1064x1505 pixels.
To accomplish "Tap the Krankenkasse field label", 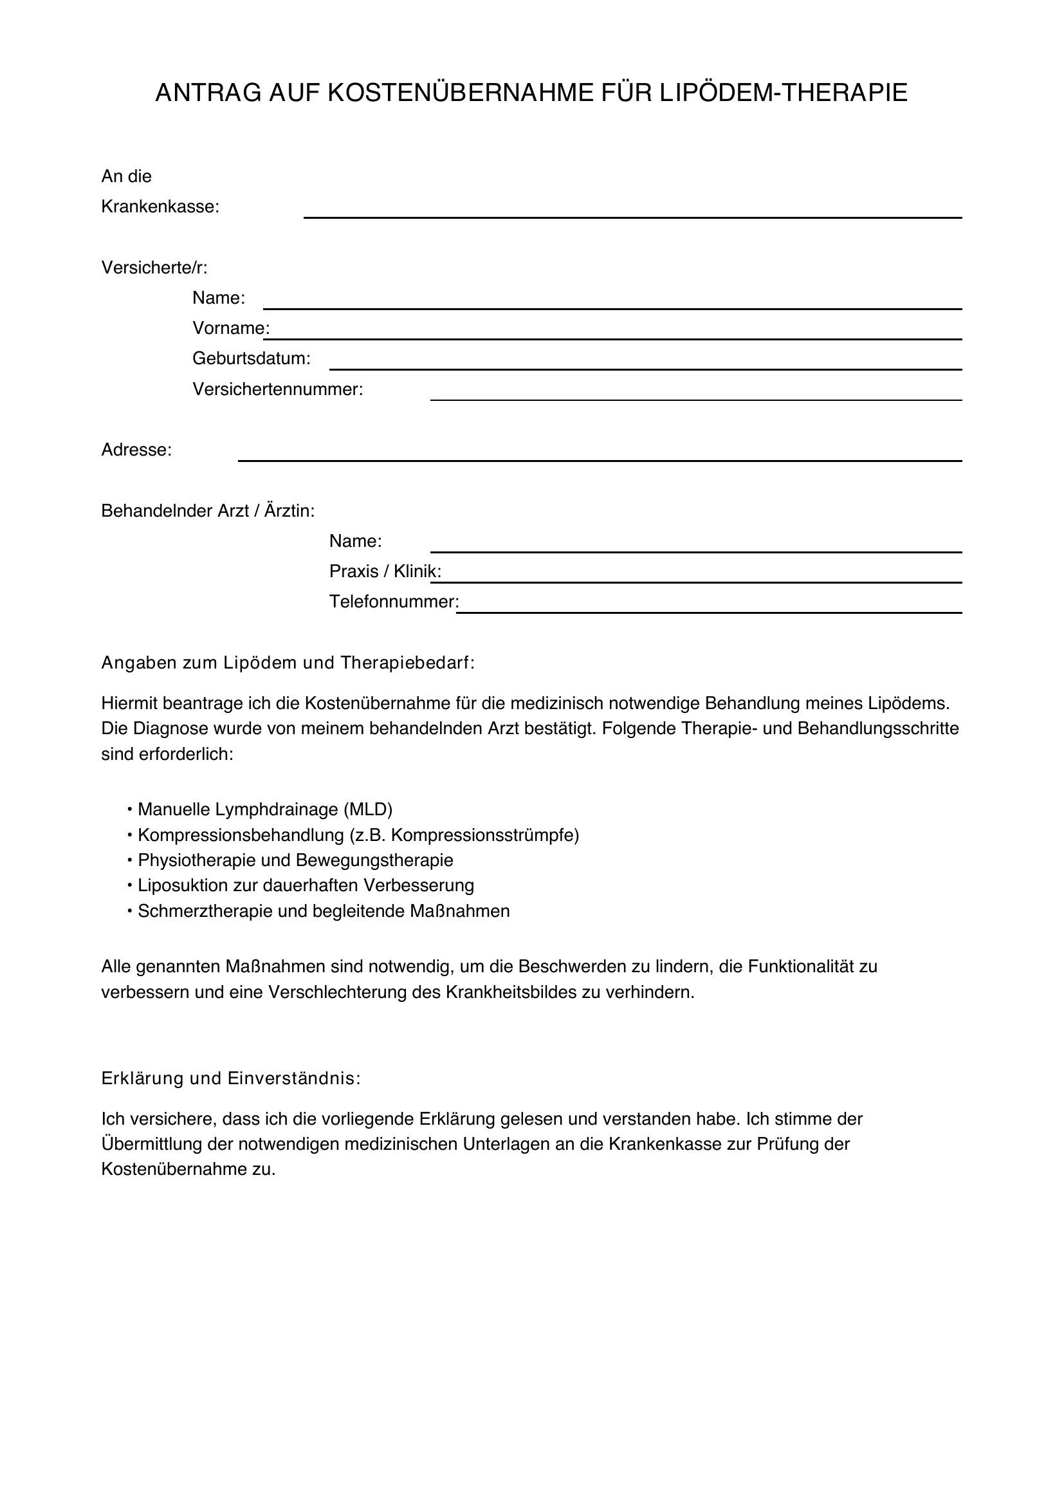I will (160, 207).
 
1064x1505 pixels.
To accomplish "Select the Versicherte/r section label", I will (154, 268).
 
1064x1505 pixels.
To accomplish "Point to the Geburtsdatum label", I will (251, 358).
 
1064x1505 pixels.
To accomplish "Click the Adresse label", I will (136, 450).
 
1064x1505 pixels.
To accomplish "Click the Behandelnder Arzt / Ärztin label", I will (208, 511).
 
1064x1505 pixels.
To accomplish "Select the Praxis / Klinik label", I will (385, 571).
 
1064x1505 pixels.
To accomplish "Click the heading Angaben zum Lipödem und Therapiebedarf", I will (288, 663).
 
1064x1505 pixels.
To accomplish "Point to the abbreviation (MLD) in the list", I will (367, 809).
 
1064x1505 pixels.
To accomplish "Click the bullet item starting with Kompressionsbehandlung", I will (358, 835).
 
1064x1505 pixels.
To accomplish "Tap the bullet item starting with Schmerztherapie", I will (323, 911).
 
